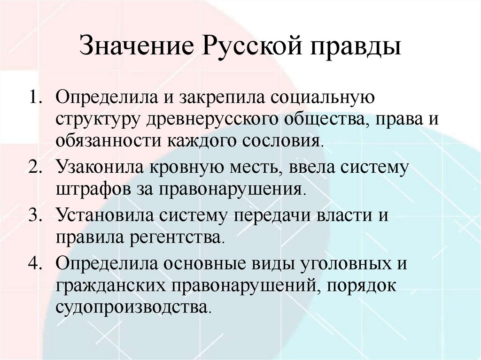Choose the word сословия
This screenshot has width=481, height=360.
pyautogui.click(x=287, y=141)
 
